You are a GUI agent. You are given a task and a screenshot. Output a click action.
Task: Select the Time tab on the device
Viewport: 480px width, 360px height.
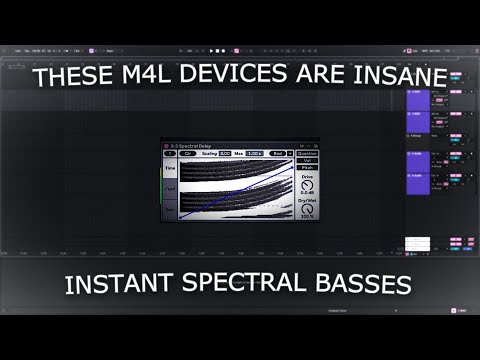pyautogui.click(x=170, y=169)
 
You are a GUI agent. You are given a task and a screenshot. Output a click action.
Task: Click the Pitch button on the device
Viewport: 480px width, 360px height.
pyautogui.click(x=308, y=166)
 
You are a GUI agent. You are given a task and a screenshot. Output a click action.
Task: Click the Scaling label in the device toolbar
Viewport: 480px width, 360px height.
pyautogui.click(x=209, y=153)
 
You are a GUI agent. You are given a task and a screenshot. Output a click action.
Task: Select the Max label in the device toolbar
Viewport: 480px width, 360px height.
pyautogui.click(x=240, y=153)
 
